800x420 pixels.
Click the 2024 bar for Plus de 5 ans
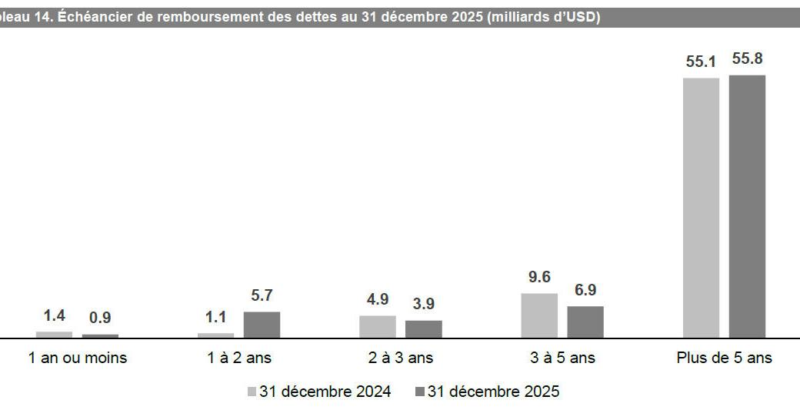pyautogui.click(x=701, y=208)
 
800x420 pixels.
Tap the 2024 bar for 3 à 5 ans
pyautogui.click(x=539, y=315)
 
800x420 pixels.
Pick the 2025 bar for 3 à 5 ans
pyautogui.click(x=585, y=322)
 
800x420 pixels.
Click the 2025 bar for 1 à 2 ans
pyautogui.click(x=262, y=325)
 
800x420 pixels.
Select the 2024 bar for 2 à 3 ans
pyautogui.click(x=378, y=327)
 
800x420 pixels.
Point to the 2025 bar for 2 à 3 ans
pyautogui.click(x=424, y=329)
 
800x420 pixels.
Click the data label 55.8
pyautogui.click(x=747, y=59)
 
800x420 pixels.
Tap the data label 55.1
pyautogui.click(x=701, y=62)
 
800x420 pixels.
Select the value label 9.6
pyautogui.click(x=539, y=278)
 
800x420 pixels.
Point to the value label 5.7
pyautogui.click(x=262, y=296)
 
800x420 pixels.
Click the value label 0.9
pyautogui.click(x=100, y=318)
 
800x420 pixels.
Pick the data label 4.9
pyautogui.click(x=378, y=299)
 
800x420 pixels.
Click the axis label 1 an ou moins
pyautogui.click(x=77, y=358)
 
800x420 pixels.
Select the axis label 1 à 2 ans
pyautogui.click(x=239, y=358)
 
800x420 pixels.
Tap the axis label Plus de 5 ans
pyautogui.click(x=724, y=358)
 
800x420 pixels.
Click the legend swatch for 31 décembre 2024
pyautogui.click(x=252, y=392)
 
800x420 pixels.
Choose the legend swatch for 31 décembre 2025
pyautogui.click(x=419, y=392)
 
